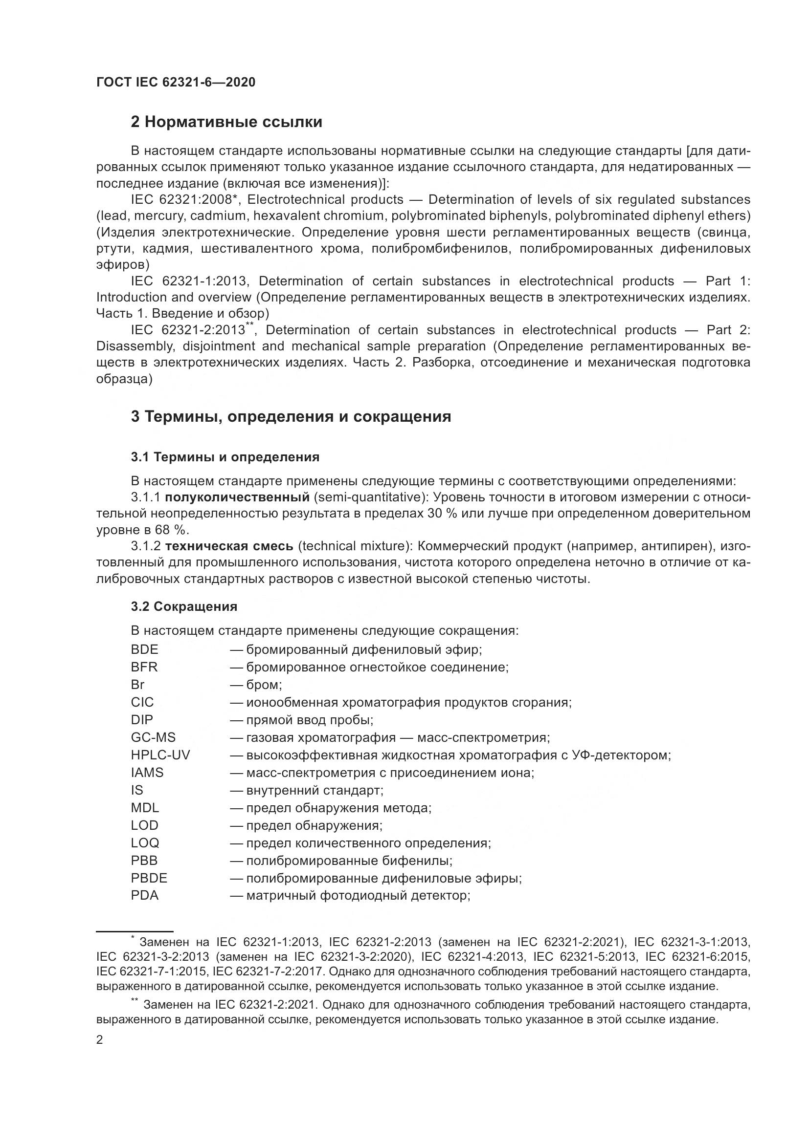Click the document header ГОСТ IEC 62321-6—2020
[x=176, y=83]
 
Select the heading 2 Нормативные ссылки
[x=226, y=122]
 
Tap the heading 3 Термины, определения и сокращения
[x=291, y=416]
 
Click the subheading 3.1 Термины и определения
[x=225, y=456]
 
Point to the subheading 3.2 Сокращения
[x=184, y=606]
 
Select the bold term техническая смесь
[x=229, y=546]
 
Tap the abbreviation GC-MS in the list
[x=153, y=737]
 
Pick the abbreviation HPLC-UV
[x=160, y=755]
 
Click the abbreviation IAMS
[x=147, y=773]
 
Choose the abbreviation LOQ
[x=145, y=843]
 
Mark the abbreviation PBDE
[x=149, y=878]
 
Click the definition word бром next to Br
[x=264, y=685]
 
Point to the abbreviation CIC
[x=142, y=702]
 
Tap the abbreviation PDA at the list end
[x=144, y=895]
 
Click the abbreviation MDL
[x=144, y=807]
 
